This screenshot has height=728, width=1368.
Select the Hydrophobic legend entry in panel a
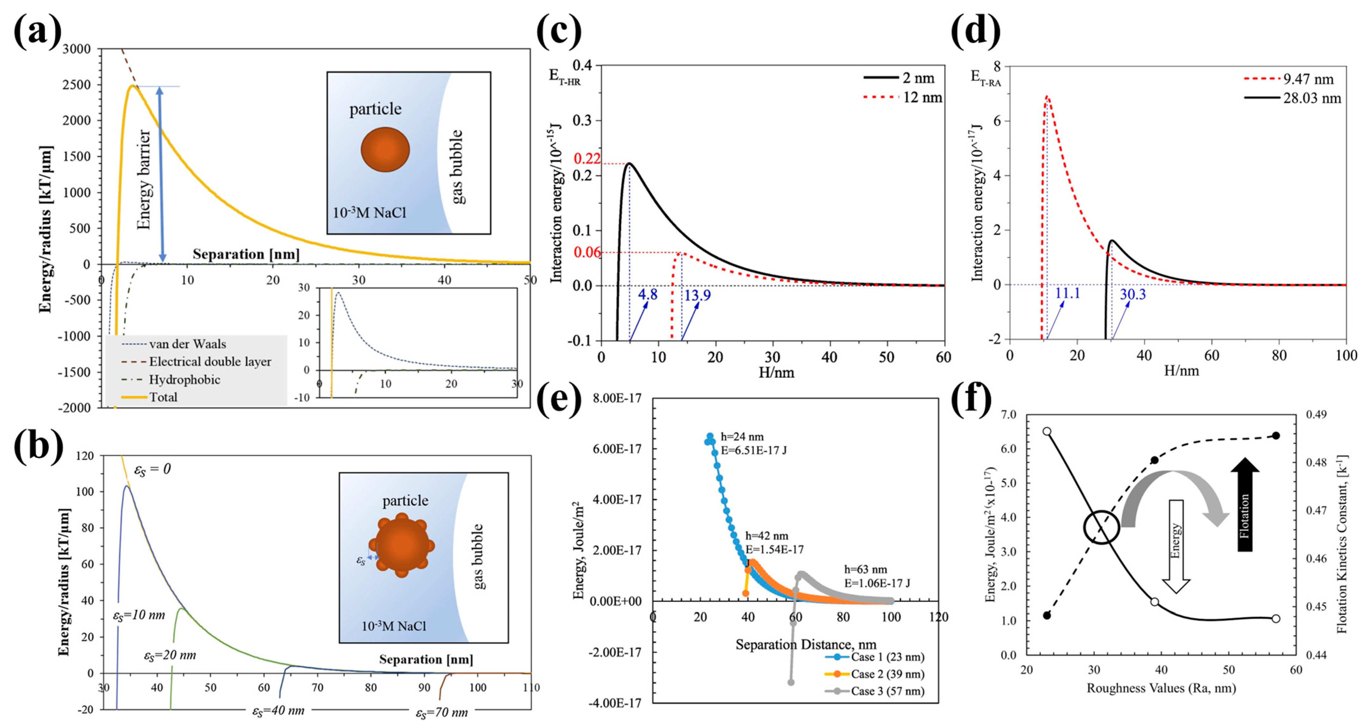(184, 379)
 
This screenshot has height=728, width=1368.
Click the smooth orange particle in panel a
(385, 149)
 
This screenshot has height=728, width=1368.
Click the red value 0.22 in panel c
(587, 158)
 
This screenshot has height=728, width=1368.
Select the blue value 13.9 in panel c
(697, 295)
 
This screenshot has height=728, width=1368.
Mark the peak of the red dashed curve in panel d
(1046, 97)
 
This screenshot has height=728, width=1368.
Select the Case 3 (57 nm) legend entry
(887, 691)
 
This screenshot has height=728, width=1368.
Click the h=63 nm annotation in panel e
(866, 570)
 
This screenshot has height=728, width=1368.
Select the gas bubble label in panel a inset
(457, 166)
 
